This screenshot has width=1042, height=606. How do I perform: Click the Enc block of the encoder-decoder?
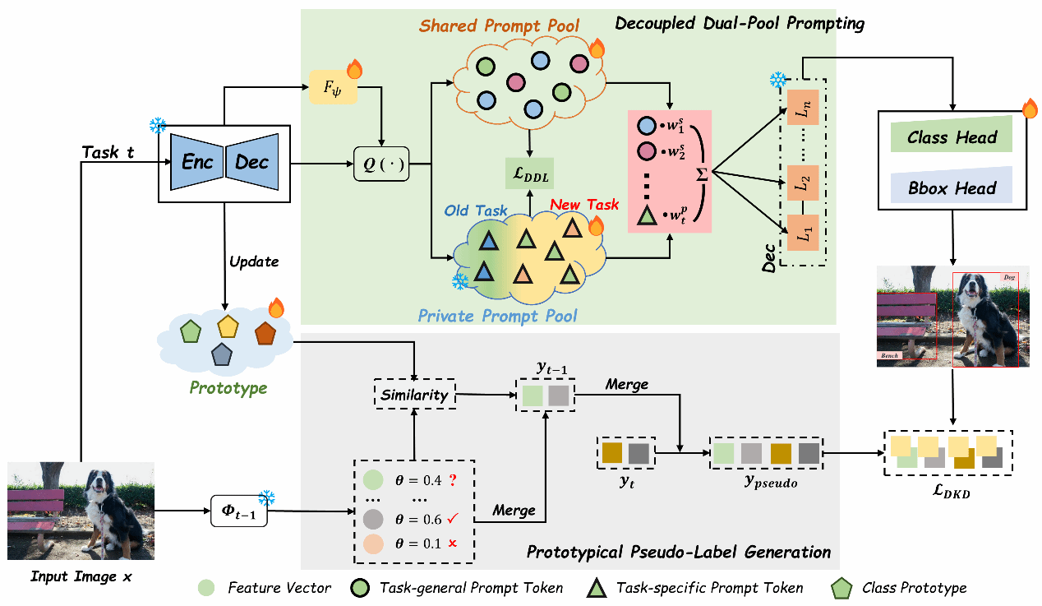[x=197, y=162]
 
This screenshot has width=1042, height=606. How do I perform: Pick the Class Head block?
[x=952, y=137]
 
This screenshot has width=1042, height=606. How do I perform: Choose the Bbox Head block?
[x=952, y=188]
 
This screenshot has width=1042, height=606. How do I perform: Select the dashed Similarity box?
[x=415, y=395]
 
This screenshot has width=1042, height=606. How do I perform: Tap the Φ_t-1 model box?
[x=237, y=511]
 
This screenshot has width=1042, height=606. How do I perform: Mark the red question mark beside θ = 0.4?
[x=452, y=479]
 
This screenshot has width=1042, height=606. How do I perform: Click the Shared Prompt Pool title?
[x=499, y=25]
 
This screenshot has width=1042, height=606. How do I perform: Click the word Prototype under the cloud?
[x=228, y=386]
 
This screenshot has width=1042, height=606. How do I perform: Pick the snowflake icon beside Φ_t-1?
[x=266, y=497]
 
